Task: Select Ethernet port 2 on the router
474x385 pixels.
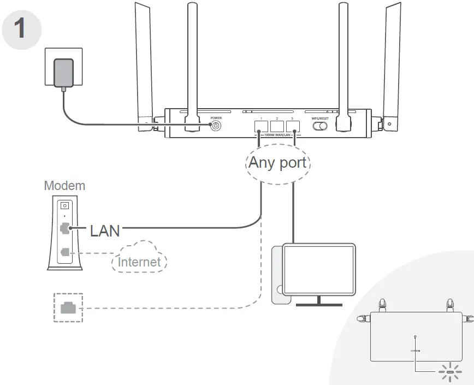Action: [277, 125]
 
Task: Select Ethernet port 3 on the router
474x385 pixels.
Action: [293, 125]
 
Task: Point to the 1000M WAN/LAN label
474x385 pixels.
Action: [277, 134]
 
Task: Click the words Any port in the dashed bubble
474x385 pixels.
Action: [277, 162]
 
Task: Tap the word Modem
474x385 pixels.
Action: [64, 186]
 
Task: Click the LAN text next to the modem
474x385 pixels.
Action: [105, 230]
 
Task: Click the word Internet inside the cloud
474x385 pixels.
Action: [140, 262]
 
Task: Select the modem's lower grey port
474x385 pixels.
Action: [66, 252]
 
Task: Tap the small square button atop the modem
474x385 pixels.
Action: [65, 206]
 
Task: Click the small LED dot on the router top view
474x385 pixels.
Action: [416, 336]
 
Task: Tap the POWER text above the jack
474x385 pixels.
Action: [216, 117]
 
